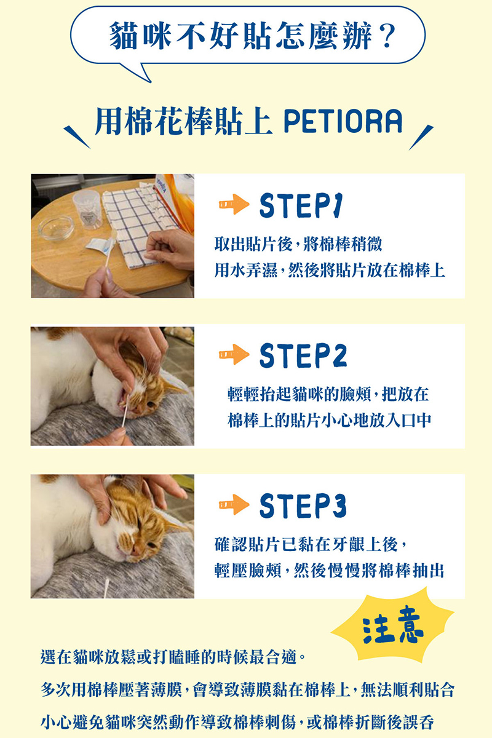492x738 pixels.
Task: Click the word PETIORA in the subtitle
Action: [x=343, y=121]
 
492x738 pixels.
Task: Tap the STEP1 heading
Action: [x=301, y=206]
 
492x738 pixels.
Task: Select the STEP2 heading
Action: [x=303, y=355]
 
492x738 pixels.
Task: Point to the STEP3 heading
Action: [x=303, y=506]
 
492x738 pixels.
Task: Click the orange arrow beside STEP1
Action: [x=234, y=204]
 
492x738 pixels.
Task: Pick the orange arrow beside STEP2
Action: [x=234, y=354]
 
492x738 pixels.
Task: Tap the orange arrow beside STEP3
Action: [x=234, y=504]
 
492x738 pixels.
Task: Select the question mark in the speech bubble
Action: [x=387, y=35]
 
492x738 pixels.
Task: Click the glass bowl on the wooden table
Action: [x=56, y=228]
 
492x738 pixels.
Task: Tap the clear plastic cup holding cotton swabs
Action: [x=87, y=210]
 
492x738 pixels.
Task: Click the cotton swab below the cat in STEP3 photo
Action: [x=106, y=589]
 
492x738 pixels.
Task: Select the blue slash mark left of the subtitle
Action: [x=76, y=137]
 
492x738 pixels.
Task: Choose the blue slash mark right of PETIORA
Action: [x=421, y=137]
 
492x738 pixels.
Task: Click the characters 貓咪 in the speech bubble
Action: [x=140, y=36]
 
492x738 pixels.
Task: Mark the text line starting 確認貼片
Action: [x=310, y=544]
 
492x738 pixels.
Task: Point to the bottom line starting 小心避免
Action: [x=237, y=722]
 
